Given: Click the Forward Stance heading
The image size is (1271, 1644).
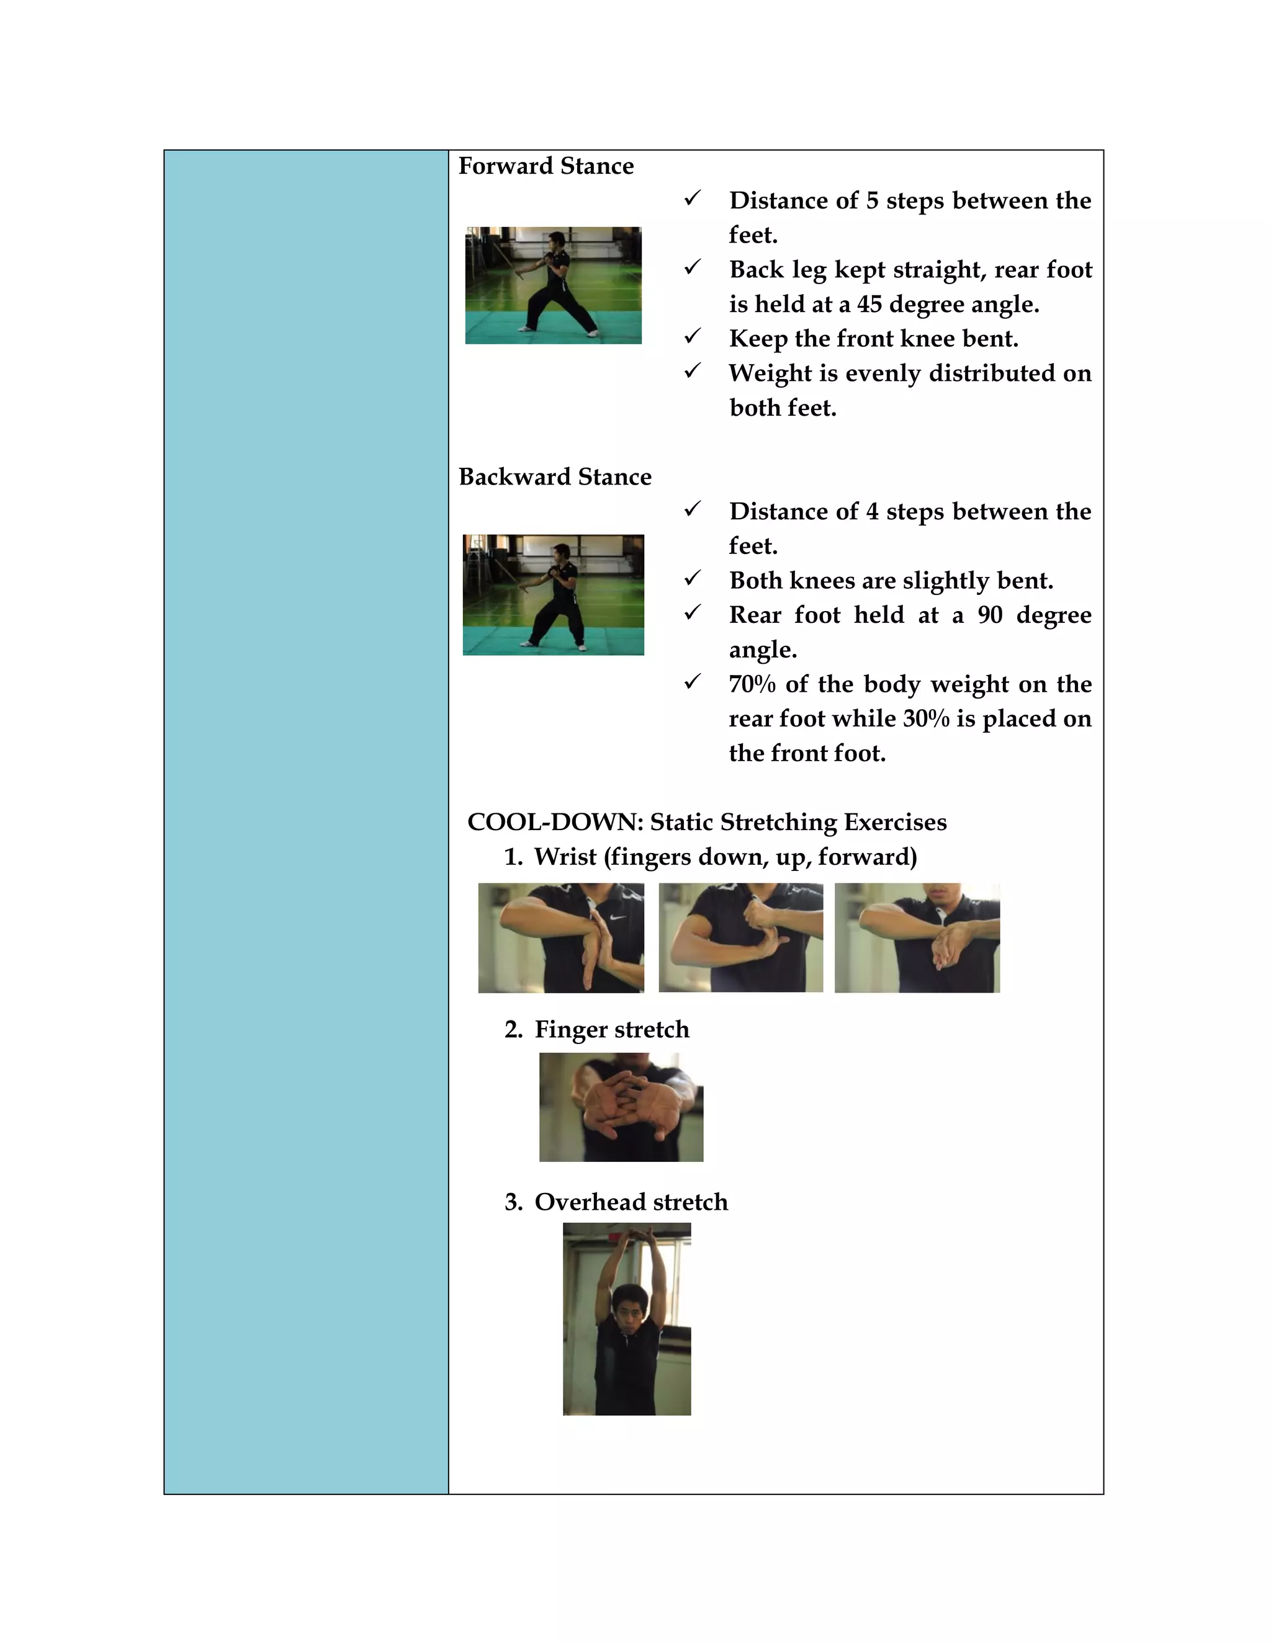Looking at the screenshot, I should coord(546,166).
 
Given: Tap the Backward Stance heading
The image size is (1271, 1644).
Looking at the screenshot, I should coord(555,476).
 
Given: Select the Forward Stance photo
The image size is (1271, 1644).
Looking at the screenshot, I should coord(554,285).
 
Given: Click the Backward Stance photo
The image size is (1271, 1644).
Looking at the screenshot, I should coord(554,595).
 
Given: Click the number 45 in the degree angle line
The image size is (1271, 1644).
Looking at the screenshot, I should coord(869,304).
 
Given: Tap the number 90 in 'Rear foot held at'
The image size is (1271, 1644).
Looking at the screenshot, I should coord(990,615).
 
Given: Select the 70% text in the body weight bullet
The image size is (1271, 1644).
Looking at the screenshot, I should coord(752,684).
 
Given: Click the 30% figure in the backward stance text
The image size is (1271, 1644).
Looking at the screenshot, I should coord(925,719).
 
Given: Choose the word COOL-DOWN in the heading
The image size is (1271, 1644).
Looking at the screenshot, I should coord(555,822).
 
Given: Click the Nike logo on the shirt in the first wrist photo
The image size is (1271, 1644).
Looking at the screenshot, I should coord(618,918).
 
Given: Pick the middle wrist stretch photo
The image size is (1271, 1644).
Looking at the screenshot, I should coord(741,938).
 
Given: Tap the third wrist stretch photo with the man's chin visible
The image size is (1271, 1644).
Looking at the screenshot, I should coord(917,938).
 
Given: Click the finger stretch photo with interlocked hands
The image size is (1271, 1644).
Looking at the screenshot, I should coord(621,1107).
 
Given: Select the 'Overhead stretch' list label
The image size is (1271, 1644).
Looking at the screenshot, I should coord(631,1202).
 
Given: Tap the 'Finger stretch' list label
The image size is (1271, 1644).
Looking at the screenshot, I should coord(611,1029).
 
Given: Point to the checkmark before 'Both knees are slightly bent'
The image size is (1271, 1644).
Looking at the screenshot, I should coord(693,578).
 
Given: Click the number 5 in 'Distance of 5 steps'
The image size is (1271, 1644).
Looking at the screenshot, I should coord(873,201).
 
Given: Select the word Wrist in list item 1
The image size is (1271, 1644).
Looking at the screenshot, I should coord(565,857).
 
